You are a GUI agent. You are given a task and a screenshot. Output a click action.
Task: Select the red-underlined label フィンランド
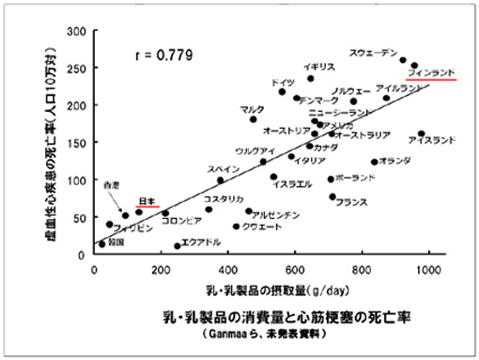(x=431, y=71)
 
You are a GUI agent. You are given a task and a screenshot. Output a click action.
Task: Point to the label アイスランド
(x=433, y=141)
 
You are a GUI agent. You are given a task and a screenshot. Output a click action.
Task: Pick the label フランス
(x=350, y=202)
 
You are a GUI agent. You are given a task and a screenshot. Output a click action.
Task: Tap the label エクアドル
(x=200, y=243)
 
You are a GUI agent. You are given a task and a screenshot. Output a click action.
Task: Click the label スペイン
(x=226, y=169)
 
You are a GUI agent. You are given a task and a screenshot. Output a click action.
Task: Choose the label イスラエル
(x=291, y=184)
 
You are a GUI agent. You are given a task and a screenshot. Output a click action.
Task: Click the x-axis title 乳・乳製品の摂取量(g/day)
(x=262, y=286)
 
